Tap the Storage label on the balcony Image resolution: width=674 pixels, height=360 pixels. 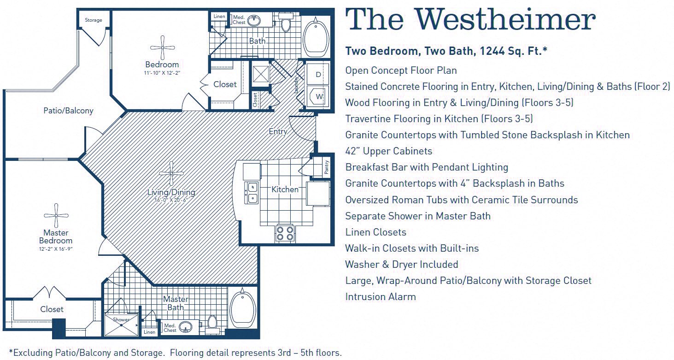tap(94, 20)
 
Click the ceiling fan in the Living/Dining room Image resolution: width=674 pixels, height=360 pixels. tap(171, 173)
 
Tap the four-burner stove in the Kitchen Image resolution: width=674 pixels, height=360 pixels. tap(285, 233)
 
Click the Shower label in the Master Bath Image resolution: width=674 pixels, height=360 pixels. tap(121, 319)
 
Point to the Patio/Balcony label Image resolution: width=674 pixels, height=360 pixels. tap(68, 111)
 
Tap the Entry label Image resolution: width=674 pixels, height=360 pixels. tap(278, 131)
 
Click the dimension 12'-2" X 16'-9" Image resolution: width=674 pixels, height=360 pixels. tap(56, 249)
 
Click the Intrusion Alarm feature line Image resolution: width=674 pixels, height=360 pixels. tap(380, 297)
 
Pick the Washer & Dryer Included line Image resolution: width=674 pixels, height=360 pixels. tap(401, 265)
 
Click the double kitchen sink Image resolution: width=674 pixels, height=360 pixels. tap(252, 193)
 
